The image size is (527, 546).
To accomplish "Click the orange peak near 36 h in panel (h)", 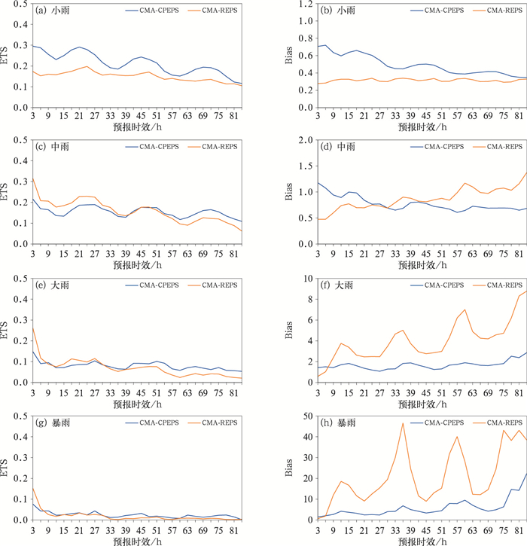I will point(403,423).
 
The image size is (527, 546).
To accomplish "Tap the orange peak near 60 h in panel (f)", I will point(465,310).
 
